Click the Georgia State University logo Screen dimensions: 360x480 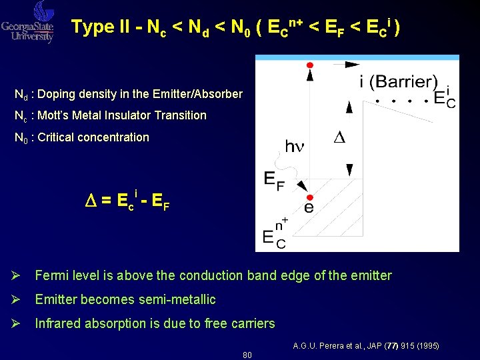[x=28, y=22]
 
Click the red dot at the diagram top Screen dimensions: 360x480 [x=309, y=65]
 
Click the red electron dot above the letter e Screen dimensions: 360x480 [x=309, y=198]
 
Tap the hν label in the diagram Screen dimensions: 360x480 [x=294, y=145]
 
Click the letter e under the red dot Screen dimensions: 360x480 [x=309, y=209]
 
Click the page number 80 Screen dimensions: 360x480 [x=247, y=355]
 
